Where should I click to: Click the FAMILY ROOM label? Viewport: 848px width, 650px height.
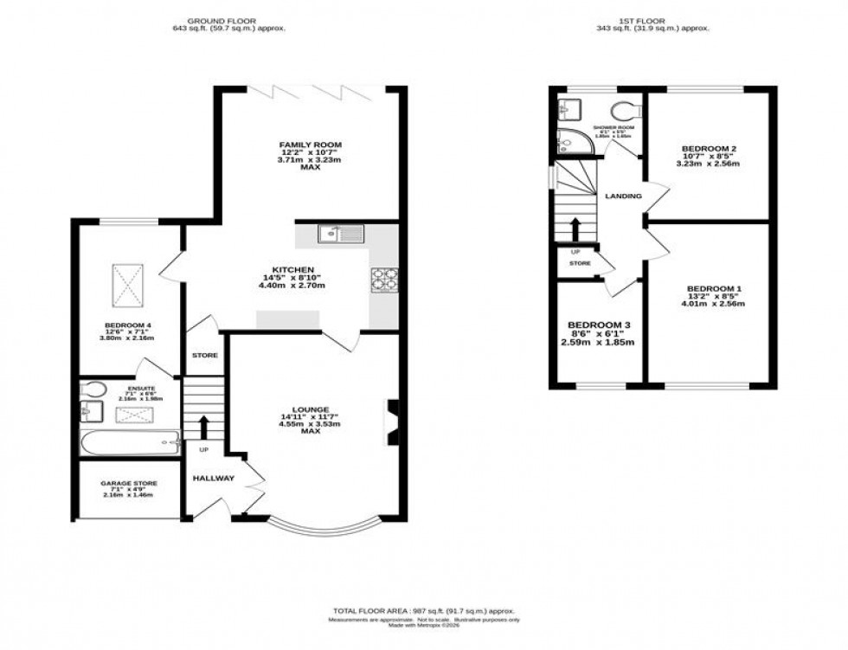(x=310, y=145)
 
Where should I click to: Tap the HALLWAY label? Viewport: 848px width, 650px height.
(x=213, y=478)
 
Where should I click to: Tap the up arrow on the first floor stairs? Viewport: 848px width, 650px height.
(x=573, y=228)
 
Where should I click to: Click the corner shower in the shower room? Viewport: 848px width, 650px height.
(x=569, y=139)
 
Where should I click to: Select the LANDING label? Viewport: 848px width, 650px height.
(x=623, y=196)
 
